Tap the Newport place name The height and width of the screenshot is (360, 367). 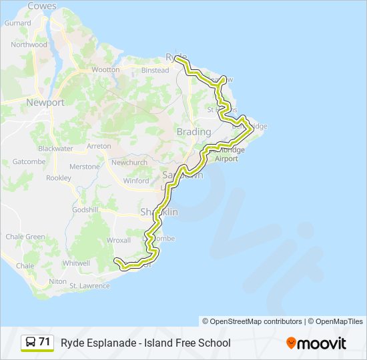pos(45,103)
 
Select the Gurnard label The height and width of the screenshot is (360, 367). pos(17,23)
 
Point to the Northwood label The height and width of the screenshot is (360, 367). pos(29,45)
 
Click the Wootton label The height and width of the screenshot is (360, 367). pos(105,69)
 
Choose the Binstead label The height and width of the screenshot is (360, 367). pos(155,70)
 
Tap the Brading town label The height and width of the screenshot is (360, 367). pos(194,132)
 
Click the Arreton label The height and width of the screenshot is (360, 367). pos(99,145)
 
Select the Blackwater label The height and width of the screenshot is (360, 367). pos(55,148)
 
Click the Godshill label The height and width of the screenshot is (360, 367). pos(85,209)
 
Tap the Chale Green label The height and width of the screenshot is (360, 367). pos(25,237)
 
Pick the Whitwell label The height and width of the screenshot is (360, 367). pos(75,263)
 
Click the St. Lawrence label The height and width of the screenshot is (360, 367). pos(89,286)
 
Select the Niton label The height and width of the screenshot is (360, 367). pos(58,281)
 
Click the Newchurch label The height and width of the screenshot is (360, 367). pos(129,163)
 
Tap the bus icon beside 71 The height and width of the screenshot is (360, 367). pos(30,343)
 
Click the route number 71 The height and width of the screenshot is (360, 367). pos(45,342)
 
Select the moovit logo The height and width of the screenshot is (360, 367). pos(316,343)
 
